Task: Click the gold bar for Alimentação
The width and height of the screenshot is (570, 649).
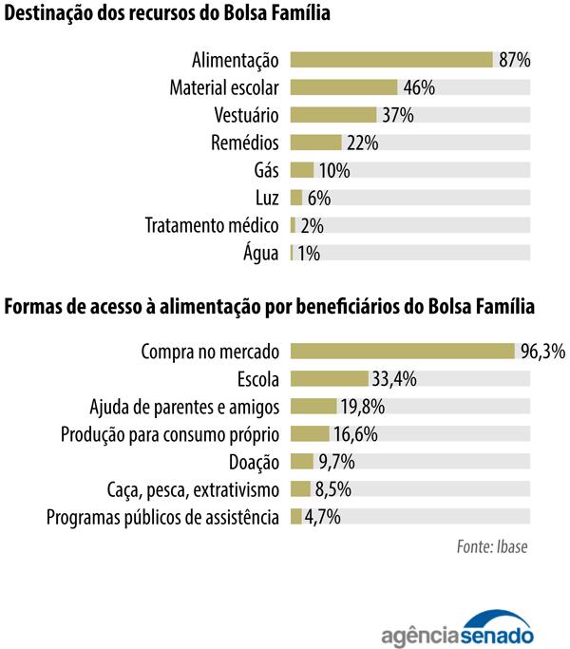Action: click(391, 60)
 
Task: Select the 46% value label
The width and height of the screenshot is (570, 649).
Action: click(418, 87)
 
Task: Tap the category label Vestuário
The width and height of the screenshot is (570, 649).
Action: click(246, 116)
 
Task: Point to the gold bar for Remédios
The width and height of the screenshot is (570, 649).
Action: click(315, 143)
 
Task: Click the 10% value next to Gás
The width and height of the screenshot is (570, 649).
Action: click(334, 171)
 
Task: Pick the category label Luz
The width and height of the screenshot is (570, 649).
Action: click(266, 199)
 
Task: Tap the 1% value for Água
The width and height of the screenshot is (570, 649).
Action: click(309, 254)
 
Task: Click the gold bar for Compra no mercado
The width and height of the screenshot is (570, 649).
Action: click(402, 352)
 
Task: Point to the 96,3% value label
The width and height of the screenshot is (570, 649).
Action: click(542, 352)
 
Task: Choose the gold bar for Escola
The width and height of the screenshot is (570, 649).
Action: click(329, 379)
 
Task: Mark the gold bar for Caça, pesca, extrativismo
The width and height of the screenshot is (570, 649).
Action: click(300, 489)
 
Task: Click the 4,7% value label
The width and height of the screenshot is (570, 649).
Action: click(322, 517)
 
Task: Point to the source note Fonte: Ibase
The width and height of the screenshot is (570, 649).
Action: click(492, 547)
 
